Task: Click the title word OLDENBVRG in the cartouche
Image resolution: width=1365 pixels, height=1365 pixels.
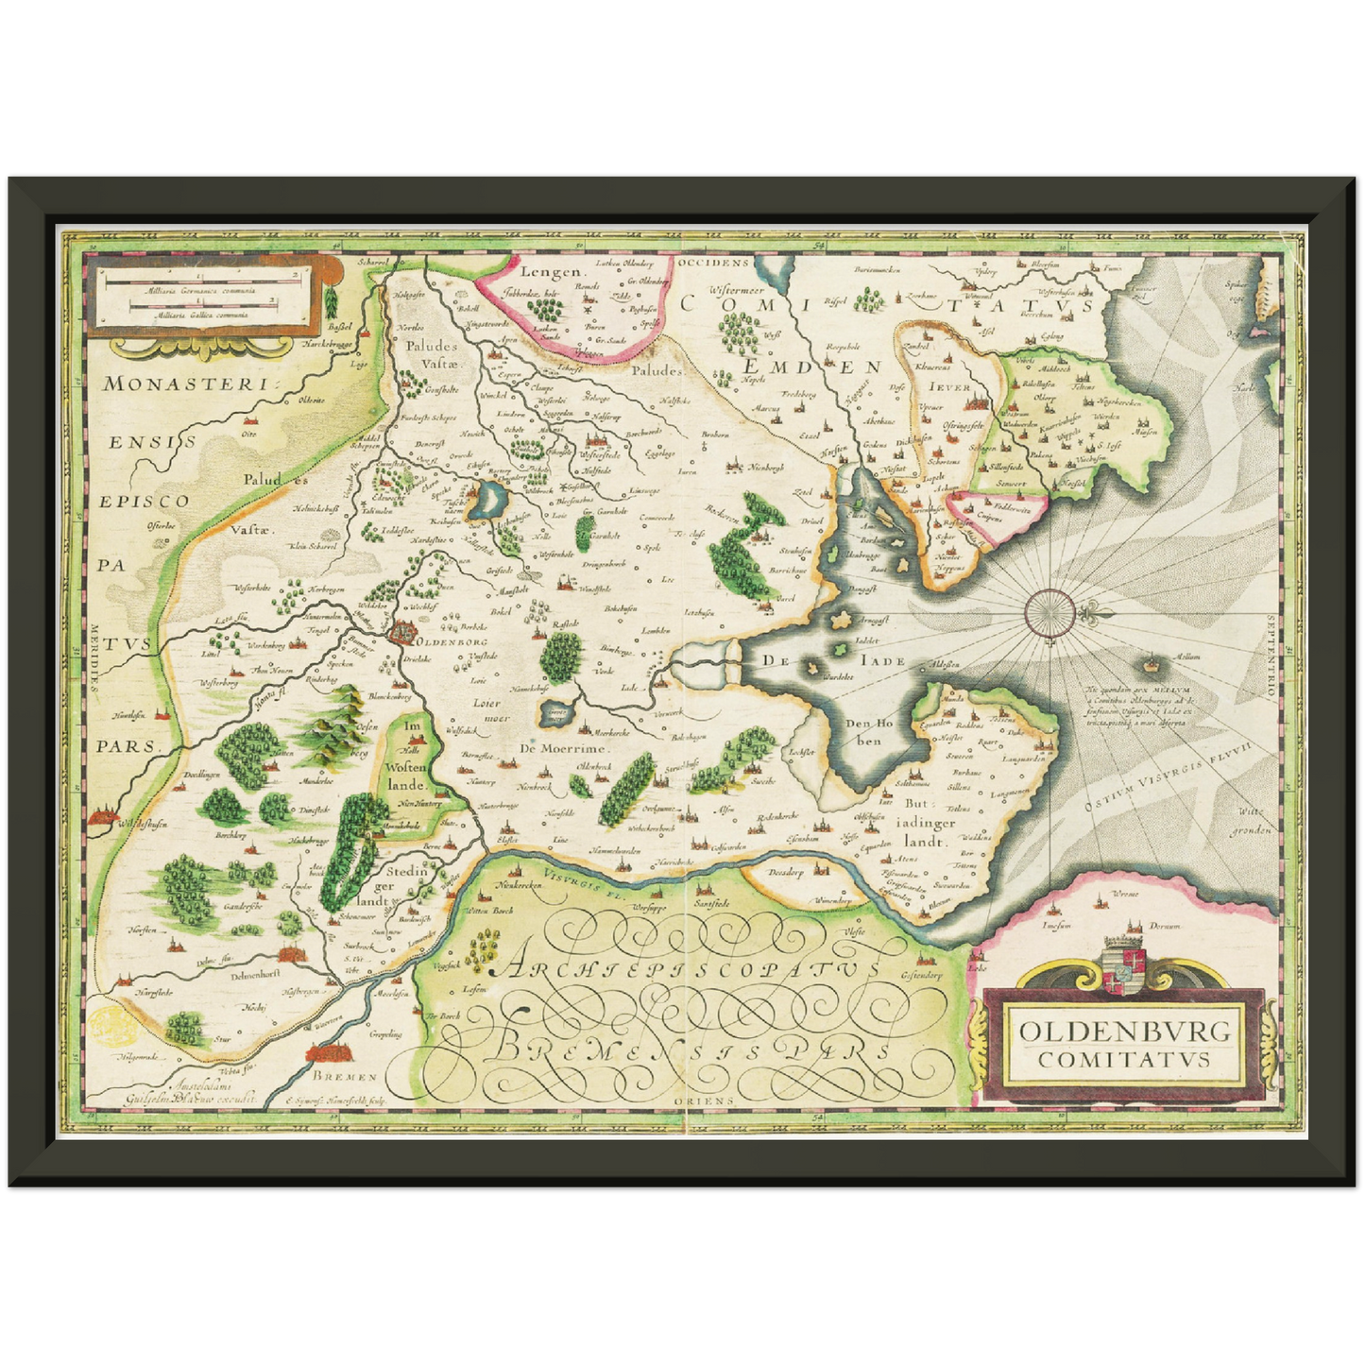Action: pyautogui.click(x=1125, y=1030)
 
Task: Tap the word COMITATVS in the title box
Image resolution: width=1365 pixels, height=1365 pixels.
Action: pyautogui.click(x=1124, y=1059)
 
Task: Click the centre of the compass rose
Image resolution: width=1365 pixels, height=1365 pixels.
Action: pyautogui.click(x=1049, y=611)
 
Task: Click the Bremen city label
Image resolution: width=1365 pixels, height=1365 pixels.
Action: pyautogui.click(x=345, y=1077)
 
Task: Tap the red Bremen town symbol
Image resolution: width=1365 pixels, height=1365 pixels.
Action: pyautogui.click(x=328, y=1053)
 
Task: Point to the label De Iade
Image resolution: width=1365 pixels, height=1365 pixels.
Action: pyautogui.click(x=821, y=660)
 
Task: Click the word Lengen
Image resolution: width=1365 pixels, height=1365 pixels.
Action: pyautogui.click(x=548, y=272)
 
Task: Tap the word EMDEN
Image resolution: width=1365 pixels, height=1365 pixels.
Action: pyautogui.click(x=811, y=367)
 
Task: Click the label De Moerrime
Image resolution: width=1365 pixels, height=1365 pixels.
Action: pyautogui.click(x=563, y=748)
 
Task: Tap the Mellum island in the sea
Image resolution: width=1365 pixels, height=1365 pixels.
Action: pyautogui.click(x=1152, y=666)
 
